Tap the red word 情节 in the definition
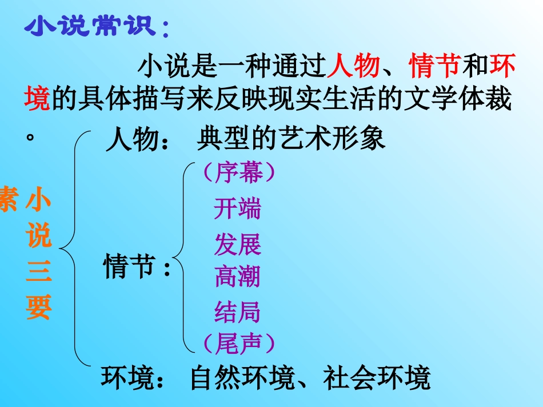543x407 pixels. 434,66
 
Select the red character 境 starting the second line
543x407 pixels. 37,101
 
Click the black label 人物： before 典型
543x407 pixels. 137,140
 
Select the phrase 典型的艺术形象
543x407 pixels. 291,139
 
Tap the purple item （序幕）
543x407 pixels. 239,173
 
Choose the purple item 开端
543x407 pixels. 237,209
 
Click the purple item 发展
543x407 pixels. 237,244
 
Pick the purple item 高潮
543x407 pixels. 237,277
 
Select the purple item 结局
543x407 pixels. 237,312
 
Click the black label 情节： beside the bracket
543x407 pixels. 138,267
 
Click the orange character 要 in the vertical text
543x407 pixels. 38,307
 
